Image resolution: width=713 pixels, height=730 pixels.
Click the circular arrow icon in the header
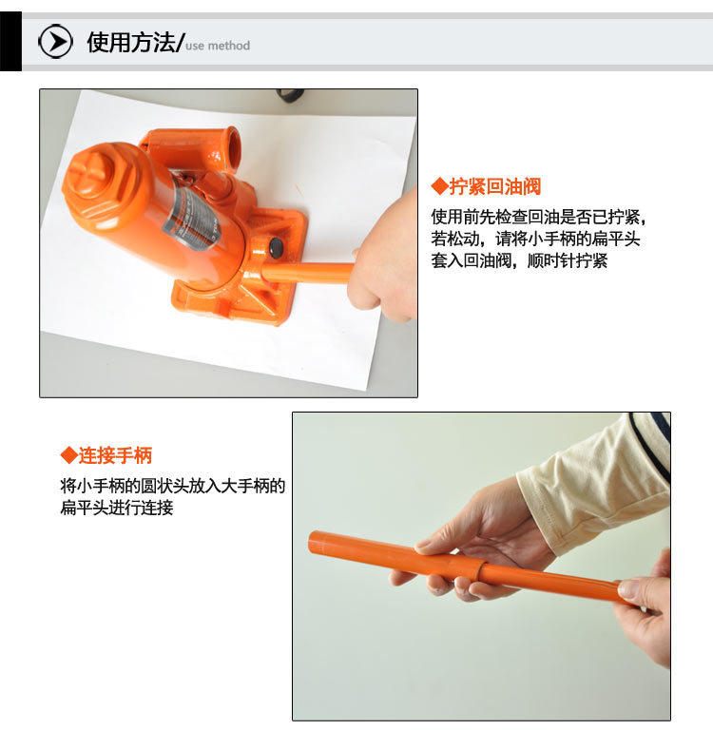pyautogui.click(x=55, y=42)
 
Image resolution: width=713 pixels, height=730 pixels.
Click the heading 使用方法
pyautogui.click(x=131, y=43)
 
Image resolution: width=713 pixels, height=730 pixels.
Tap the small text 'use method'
pyautogui.click(x=218, y=46)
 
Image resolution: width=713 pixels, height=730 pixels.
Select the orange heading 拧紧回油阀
pyautogui.click(x=494, y=186)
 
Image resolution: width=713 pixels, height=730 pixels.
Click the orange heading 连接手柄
pyautogui.click(x=115, y=455)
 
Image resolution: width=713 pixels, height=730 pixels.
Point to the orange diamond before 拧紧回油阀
pyautogui.click(x=439, y=186)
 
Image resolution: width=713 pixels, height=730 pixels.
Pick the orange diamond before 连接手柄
pyautogui.click(x=69, y=455)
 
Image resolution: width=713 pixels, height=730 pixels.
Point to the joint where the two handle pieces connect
pyautogui.click(x=481, y=570)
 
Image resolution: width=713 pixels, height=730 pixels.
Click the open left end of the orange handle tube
pyautogui.click(x=314, y=542)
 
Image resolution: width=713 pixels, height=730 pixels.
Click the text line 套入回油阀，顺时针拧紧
pyautogui.click(x=519, y=260)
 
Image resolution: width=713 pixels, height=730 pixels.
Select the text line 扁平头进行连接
pyautogui.click(x=117, y=507)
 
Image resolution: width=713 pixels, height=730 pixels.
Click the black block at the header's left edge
pyautogui.click(x=10, y=42)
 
